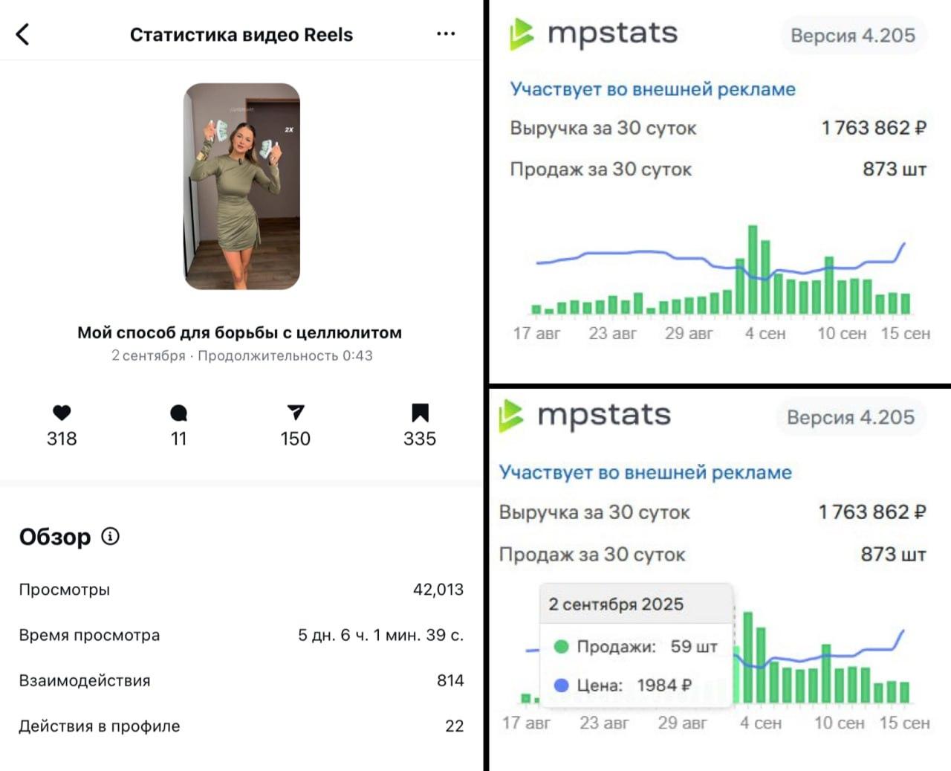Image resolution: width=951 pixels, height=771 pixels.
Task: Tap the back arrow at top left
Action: pos(23,34)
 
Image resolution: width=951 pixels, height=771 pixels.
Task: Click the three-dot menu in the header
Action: pos(446,33)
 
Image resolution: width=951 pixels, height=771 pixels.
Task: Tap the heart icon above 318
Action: pos(62,413)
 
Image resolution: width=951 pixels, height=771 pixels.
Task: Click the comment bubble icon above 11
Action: pos(178,413)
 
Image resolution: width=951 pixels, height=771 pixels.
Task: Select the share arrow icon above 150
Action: pos(295,412)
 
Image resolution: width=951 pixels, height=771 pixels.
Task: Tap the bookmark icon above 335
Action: pos(420,413)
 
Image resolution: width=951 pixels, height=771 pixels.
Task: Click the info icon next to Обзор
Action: pos(110,536)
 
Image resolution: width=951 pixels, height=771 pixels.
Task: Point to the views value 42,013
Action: pos(438,590)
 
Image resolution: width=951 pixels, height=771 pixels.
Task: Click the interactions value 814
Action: pos(449,680)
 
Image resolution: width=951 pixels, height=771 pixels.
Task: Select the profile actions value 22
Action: pos(454,726)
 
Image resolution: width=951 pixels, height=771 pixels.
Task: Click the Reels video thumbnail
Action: pos(241,186)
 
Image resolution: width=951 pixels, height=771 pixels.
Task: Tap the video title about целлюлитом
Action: pos(239,332)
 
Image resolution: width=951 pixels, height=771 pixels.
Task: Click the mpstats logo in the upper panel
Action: pos(594,34)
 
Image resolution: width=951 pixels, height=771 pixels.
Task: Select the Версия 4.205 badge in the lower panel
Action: pos(850,417)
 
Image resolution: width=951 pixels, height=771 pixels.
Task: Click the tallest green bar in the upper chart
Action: pos(753,268)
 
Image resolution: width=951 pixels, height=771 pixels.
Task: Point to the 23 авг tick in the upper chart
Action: pos(612,333)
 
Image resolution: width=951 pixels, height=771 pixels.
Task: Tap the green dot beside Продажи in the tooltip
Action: pos(562,647)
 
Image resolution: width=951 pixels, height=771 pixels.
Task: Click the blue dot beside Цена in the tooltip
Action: pos(562,685)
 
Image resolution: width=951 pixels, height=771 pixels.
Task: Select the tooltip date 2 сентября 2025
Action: pos(616,604)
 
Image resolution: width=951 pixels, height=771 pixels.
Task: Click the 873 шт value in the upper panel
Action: pos(894,170)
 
